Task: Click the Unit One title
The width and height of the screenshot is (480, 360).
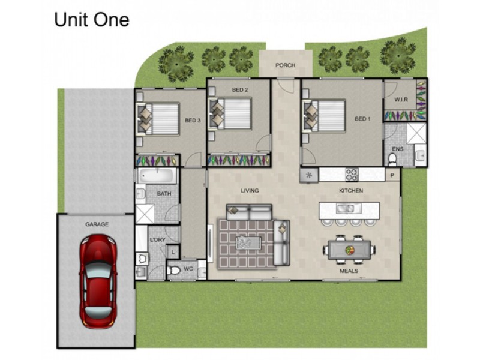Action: [91, 20]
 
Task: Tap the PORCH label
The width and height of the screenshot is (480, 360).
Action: [285, 65]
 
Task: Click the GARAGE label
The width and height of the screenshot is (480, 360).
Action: [96, 224]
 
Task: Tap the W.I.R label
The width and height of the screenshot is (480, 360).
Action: [401, 99]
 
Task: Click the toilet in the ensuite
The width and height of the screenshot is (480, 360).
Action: [392, 159]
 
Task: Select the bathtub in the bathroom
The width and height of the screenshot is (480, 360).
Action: [157, 176]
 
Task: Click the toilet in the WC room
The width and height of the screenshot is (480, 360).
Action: [173, 272]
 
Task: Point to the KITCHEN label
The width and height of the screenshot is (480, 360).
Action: [351, 191]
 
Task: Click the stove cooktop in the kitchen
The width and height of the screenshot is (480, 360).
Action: [352, 175]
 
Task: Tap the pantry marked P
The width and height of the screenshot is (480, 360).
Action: [393, 175]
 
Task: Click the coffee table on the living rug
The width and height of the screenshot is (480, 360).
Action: [248, 241]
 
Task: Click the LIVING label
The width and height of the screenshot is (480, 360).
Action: [250, 191]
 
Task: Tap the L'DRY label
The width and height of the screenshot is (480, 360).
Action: [157, 241]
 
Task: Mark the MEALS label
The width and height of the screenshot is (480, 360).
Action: [349, 271]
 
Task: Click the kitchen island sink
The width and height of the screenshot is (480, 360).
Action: [345, 209]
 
